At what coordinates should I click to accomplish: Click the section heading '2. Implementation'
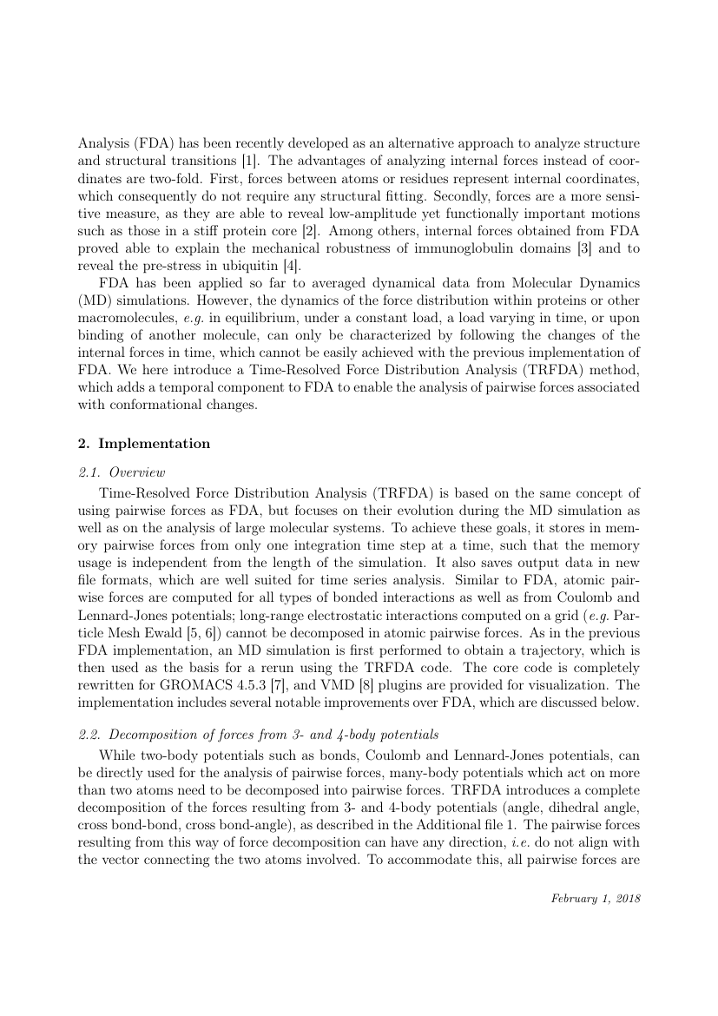(143, 444)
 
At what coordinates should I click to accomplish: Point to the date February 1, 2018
(596, 899)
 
